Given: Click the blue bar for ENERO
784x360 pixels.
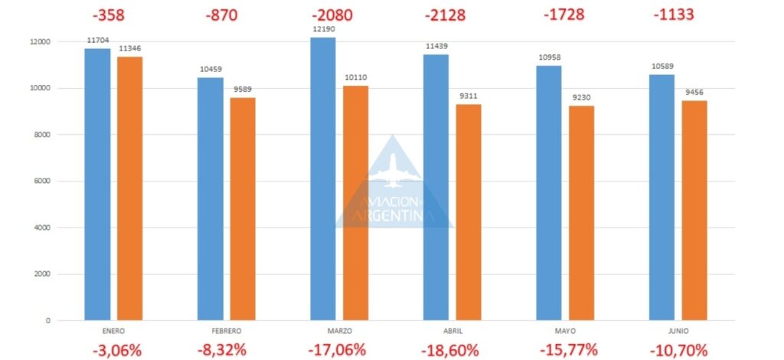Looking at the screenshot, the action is point(97,185).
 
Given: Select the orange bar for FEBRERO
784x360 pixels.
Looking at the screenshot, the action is point(243,209).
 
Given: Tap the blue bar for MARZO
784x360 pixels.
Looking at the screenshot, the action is point(323,179).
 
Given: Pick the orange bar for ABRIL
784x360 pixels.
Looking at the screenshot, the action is point(469,212).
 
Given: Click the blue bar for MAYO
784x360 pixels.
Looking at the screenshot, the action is point(549,193).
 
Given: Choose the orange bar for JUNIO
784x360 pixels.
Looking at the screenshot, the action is point(694,211).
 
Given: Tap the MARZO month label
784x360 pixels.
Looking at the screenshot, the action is point(339,331).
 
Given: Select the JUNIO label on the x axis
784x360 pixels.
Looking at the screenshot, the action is point(678,331).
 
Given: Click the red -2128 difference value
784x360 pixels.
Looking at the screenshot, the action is point(445,15).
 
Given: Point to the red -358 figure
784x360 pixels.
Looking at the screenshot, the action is point(108,15).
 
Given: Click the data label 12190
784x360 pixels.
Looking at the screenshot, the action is point(323,31).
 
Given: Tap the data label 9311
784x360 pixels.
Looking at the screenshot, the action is point(469,97).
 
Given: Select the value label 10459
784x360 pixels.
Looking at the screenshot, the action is point(211,70).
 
